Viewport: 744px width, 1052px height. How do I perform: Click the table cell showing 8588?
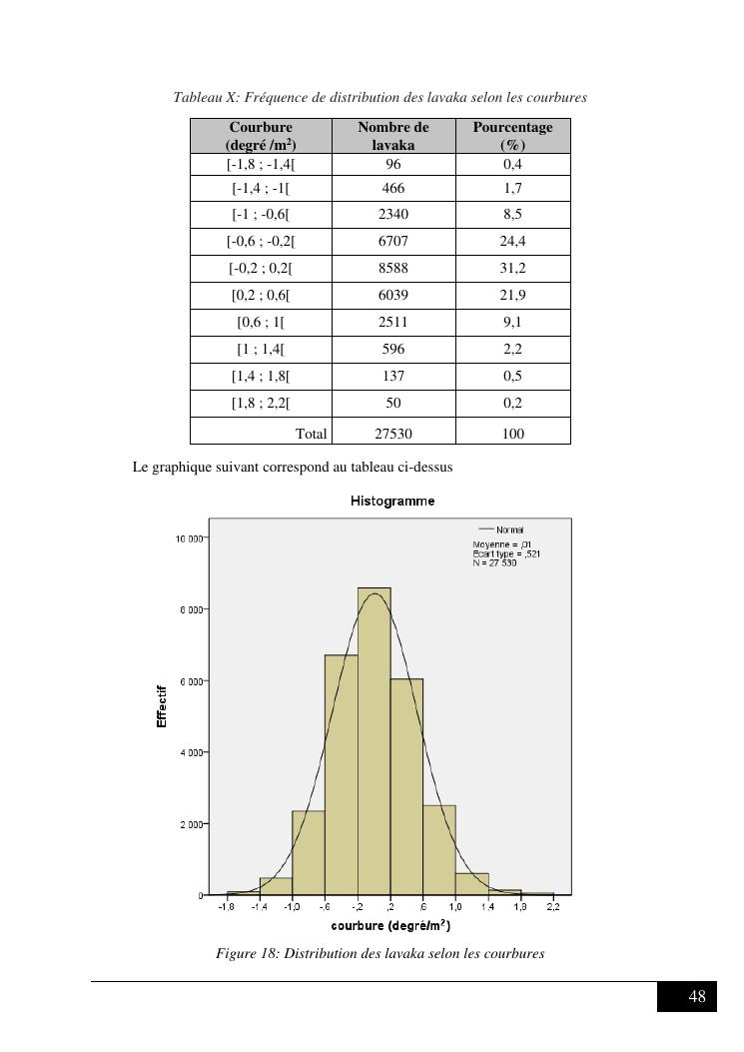[393, 268]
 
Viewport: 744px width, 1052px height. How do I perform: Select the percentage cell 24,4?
[513, 241]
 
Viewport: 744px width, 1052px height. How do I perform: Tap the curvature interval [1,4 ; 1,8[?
[261, 376]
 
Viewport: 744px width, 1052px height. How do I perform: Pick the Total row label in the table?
[312, 434]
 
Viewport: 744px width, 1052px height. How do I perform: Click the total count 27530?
[393, 434]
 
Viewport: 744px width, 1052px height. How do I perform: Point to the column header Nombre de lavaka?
[393, 135]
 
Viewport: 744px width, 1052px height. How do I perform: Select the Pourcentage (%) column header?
[513, 135]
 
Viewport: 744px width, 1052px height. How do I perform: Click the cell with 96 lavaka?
[393, 164]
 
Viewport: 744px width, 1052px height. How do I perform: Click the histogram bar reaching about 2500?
[439, 849]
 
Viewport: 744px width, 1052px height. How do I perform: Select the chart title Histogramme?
[392, 501]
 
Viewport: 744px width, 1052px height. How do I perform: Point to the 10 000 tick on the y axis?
[189, 538]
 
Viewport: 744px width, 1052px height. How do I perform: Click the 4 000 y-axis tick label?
[191, 752]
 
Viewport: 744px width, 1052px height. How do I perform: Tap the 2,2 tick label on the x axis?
[553, 906]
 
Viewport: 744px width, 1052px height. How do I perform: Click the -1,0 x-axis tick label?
[292, 906]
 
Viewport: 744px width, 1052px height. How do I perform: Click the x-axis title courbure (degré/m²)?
[390, 924]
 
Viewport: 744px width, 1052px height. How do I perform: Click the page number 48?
[697, 996]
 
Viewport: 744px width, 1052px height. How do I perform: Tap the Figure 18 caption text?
[379, 953]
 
